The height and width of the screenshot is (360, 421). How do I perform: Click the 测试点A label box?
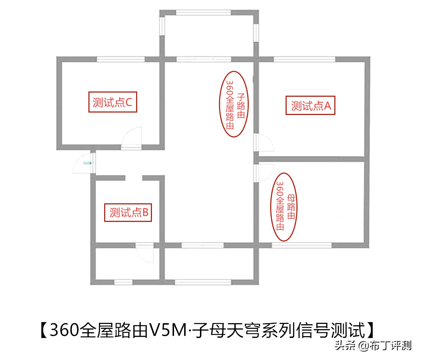click(x=310, y=105)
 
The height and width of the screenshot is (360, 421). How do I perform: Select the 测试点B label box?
click(x=128, y=212)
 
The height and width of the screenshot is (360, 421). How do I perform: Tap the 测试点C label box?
click(x=112, y=102)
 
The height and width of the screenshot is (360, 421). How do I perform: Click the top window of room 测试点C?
click(x=121, y=59)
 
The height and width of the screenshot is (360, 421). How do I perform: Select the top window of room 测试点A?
click(x=305, y=59)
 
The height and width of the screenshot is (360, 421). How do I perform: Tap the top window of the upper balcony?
click(x=203, y=13)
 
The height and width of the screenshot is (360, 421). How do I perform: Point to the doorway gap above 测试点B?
click(x=134, y=178)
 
